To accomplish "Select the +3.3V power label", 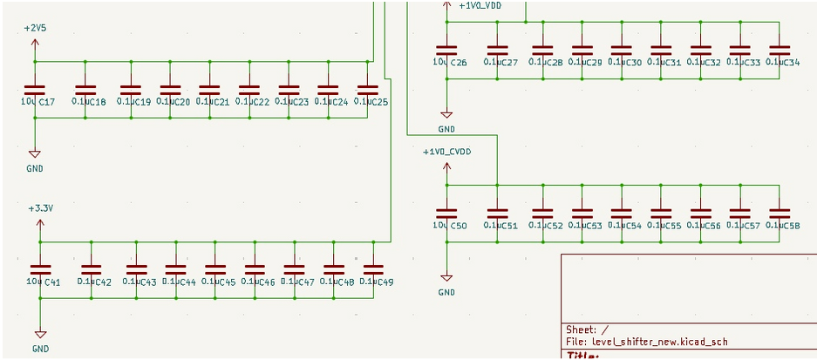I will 40,209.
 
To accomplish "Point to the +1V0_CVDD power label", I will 446,152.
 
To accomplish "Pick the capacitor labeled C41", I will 40,269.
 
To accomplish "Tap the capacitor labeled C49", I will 372,269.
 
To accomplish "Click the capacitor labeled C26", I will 446,50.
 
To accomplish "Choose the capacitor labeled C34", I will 779,50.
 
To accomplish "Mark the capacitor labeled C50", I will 446,213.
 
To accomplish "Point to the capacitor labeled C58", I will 779,213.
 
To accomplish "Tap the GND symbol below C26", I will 446,114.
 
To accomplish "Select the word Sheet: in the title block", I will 581,329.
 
